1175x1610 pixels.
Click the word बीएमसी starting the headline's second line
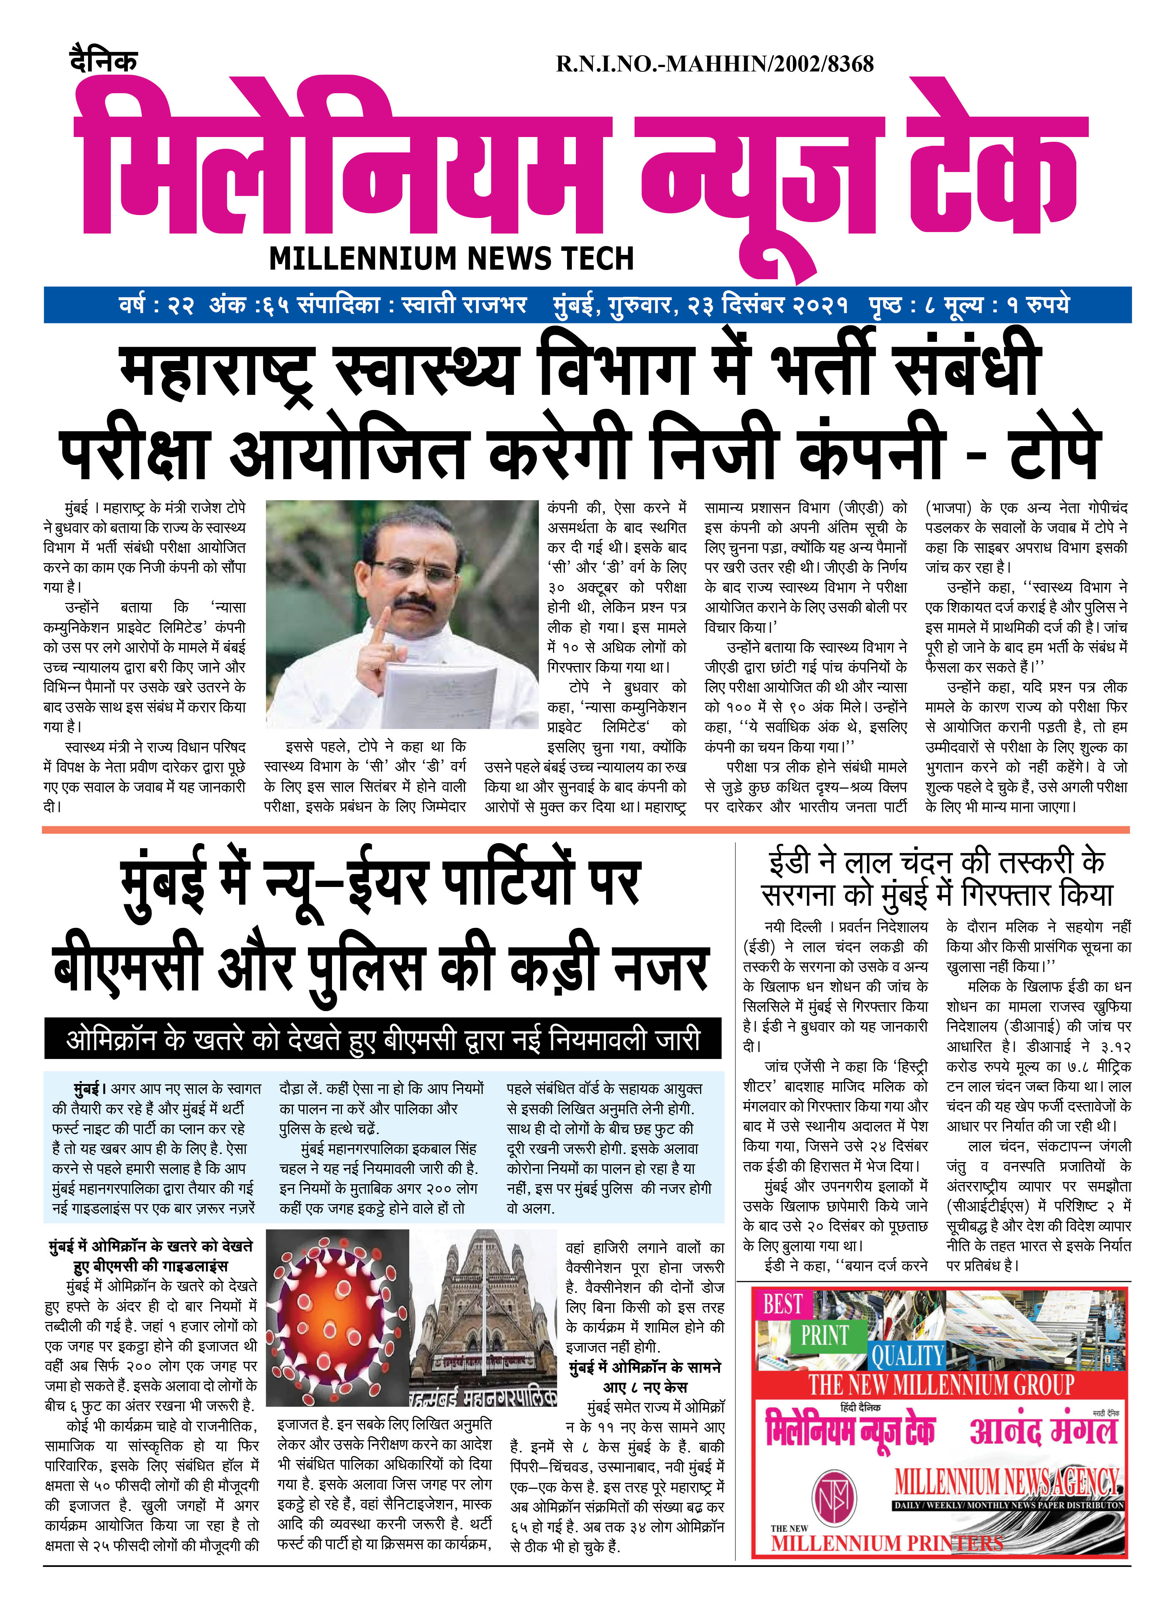128,969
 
